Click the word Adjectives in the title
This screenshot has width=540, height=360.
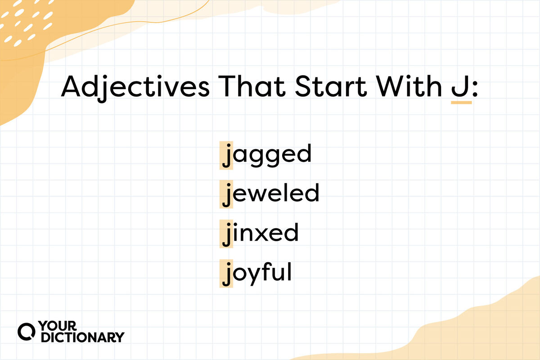click(x=135, y=88)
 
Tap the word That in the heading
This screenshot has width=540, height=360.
click(x=252, y=86)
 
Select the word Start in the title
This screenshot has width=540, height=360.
click(x=331, y=86)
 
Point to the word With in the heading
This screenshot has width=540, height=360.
click(x=409, y=86)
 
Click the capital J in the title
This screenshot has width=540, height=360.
click(x=460, y=86)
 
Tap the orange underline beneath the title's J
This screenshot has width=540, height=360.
click(x=461, y=103)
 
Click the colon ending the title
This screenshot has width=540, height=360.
click(x=475, y=89)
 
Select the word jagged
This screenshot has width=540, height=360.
click(x=266, y=156)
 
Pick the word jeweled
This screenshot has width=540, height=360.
click(x=271, y=194)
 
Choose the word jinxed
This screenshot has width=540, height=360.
click(x=261, y=234)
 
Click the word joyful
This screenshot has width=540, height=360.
click(x=257, y=274)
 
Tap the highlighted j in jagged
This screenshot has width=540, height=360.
click(x=226, y=156)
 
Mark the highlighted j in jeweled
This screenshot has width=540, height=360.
click(x=226, y=194)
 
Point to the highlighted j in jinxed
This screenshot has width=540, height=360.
click(x=226, y=234)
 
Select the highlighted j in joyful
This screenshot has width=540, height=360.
click(x=226, y=274)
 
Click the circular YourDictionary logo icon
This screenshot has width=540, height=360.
click(x=27, y=332)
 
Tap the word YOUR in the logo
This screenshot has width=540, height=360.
click(x=58, y=326)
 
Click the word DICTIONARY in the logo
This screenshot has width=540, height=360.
click(x=83, y=337)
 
